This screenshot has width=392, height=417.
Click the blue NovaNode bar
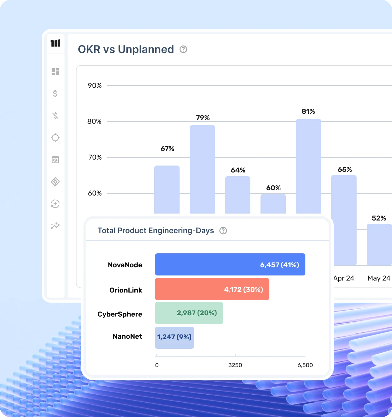[230, 264]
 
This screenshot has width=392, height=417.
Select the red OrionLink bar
[212, 289]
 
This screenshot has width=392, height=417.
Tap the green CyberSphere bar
[189, 313]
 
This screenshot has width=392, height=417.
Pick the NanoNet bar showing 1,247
[174, 337]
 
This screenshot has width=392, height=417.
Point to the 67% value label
[167, 149]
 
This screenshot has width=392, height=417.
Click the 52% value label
[379, 218]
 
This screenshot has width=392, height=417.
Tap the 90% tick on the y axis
[95, 86]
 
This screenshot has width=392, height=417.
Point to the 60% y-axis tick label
[95, 193]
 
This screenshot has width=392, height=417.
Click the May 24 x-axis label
[379, 278]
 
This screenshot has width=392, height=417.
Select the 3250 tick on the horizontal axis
[235, 365]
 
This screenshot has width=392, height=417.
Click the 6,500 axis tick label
[305, 365]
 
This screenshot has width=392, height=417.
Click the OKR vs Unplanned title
[126, 50]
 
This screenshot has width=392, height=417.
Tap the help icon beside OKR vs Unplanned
[183, 49]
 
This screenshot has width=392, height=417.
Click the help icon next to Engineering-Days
[223, 231]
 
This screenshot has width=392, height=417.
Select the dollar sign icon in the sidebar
[55, 94]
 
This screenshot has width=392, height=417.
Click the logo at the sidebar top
[55, 43]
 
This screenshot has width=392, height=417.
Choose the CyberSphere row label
[120, 314]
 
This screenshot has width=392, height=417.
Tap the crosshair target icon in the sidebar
[55, 138]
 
